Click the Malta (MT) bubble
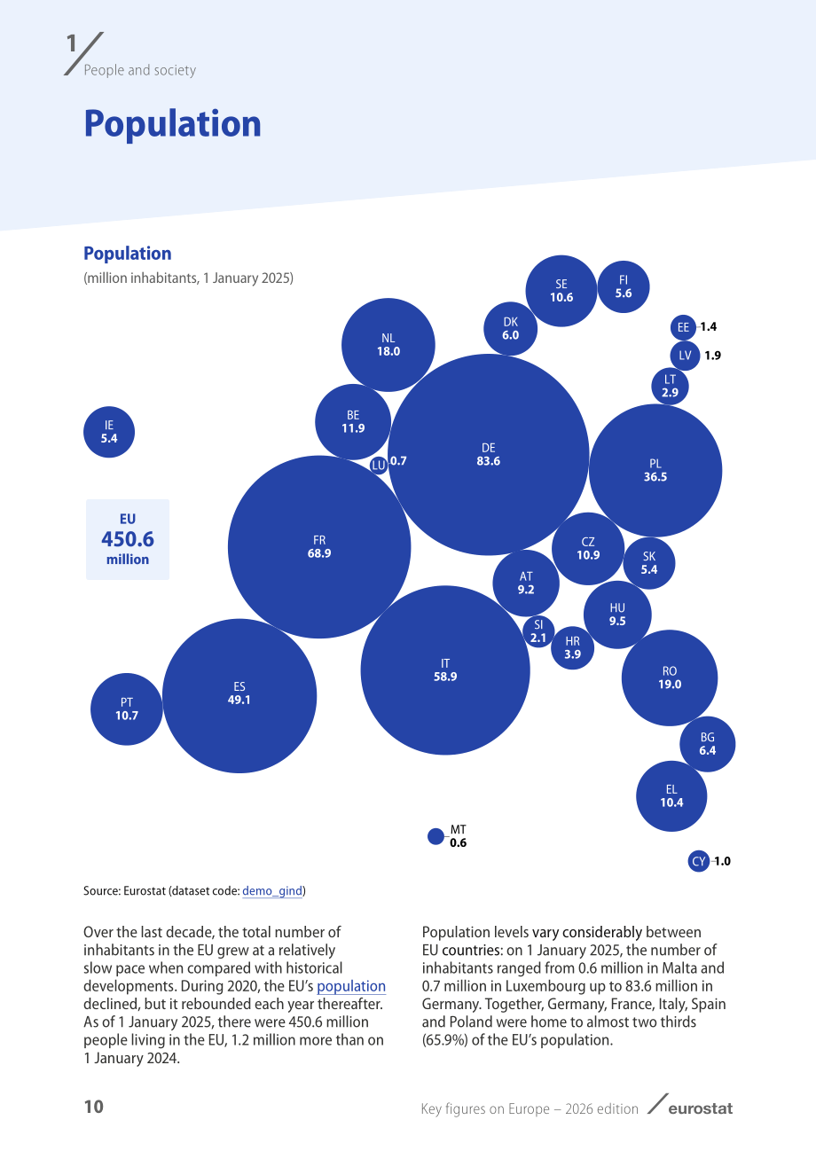(x=435, y=836)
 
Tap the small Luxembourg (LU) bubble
(x=379, y=466)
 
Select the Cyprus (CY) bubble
(x=699, y=861)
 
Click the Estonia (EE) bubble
(x=683, y=327)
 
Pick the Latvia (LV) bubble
(x=685, y=356)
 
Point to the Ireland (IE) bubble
(x=109, y=432)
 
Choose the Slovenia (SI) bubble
(x=538, y=631)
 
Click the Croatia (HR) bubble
(x=572, y=648)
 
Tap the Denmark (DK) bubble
(x=510, y=329)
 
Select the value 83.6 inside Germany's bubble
(x=489, y=461)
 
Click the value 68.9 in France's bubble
(x=319, y=553)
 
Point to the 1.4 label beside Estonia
(x=709, y=326)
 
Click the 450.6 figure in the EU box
(x=128, y=539)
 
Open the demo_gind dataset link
(x=272, y=890)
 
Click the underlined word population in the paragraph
(x=351, y=986)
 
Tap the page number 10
(x=94, y=1106)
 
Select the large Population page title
(x=172, y=124)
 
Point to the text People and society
(x=140, y=70)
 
